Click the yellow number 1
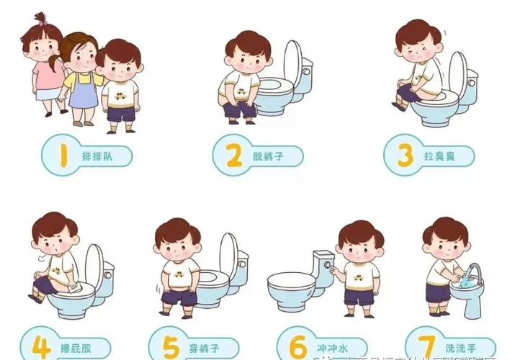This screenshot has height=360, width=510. (63, 154)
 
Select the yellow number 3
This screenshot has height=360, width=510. (404, 154)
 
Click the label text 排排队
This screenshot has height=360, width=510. (97, 155)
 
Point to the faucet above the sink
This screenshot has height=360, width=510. (471, 272)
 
